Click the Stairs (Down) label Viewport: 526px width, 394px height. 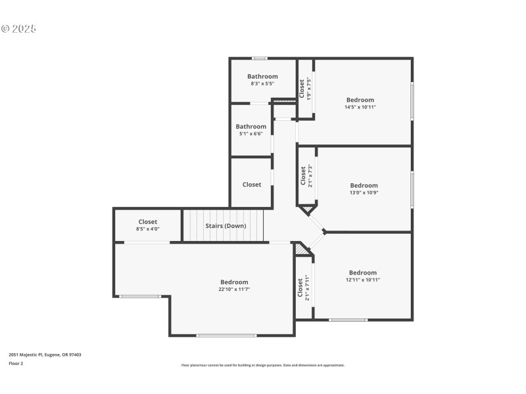click(x=226, y=226)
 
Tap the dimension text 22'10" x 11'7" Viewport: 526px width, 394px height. click(x=234, y=289)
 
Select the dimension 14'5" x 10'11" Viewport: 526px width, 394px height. click(x=360, y=107)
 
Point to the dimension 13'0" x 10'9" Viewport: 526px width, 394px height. click(x=364, y=192)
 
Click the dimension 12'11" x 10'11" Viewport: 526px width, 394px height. click(x=363, y=280)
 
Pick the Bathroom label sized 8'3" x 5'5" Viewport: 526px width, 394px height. click(x=262, y=76)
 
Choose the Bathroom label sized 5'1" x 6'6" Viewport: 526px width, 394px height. click(x=251, y=127)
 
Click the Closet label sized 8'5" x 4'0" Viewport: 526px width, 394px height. click(x=148, y=222)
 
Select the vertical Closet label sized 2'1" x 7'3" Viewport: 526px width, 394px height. click(x=303, y=175)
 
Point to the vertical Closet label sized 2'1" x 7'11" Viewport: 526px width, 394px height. click(x=300, y=287)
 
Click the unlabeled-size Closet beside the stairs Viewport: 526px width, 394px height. click(x=252, y=185)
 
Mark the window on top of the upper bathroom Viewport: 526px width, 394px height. click(x=260, y=58)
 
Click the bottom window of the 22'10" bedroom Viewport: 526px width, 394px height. click(x=226, y=336)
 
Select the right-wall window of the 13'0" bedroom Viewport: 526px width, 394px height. click(x=412, y=188)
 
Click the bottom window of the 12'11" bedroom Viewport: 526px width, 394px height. click(x=348, y=320)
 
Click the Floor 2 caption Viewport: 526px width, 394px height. click(x=16, y=363)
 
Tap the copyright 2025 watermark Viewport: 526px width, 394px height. click(x=18, y=29)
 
